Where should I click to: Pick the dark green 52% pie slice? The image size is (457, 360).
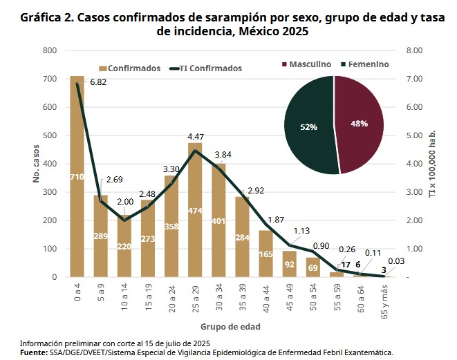click(x=309, y=126)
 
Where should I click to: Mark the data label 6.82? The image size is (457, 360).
click(x=99, y=82)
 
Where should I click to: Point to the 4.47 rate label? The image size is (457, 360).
click(x=197, y=136)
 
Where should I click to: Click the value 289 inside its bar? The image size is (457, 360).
click(x=100, y=236)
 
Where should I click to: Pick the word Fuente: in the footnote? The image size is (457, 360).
click(x=33, y=352)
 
